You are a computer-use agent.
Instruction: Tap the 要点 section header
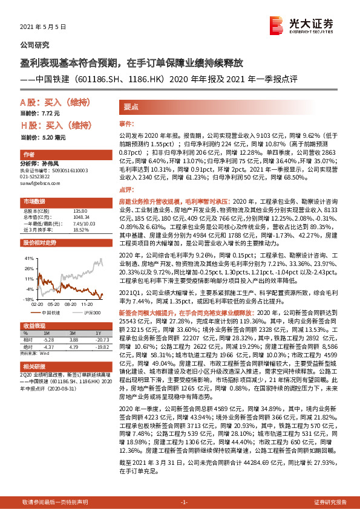coord(132,105)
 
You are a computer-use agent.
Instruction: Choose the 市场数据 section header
coord(34,200)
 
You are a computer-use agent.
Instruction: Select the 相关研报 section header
coord(34,366)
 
